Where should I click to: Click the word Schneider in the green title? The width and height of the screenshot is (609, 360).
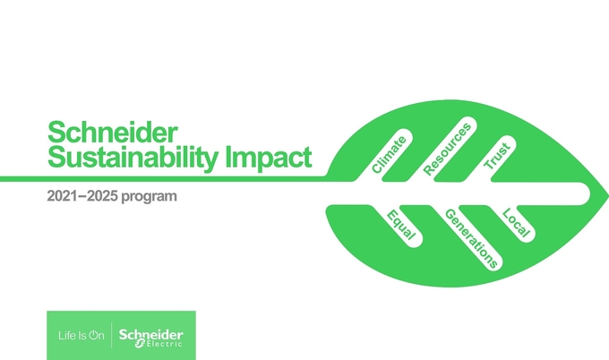pyautogui.click(x=113, y=132)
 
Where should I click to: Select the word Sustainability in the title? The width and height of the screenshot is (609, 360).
pyautogui.click(x=133, y=158)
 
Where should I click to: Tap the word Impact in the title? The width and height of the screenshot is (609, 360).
pyautogui.click(x=269, y=158)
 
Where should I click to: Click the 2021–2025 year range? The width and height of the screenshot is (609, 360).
pyautogui.click(x=82, y=196)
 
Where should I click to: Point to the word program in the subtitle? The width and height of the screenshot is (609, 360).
pyautogui.click(x=150, y=197)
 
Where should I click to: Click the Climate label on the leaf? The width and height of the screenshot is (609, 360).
pyautogui.click(x=390, y=155)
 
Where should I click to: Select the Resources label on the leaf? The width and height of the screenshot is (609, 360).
pyautogui.click(x=447, y=150)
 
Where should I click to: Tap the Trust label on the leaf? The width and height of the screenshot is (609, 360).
pyautogui.click(x=497, y=156)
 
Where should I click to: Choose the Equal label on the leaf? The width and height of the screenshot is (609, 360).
pyautogui.click(x=401, y=225)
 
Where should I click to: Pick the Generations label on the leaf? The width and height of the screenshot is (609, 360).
pyautogui.click(x=471, y=238)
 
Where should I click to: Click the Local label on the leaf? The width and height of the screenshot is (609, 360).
pyautogui.click(x=516, y=222)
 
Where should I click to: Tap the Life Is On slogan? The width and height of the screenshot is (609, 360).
pyautogui.click(x=81, y=335)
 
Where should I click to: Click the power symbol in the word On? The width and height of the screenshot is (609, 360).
pyautogui.click(x=94, y=335)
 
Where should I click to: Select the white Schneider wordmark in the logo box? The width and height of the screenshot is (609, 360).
pyautogui.click(x=151, y=334)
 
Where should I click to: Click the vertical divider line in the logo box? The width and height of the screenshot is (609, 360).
pyautogui.click(x=111, y=335)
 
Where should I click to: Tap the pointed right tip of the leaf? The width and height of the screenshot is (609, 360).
pyautogui.click(x=608, y=193)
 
